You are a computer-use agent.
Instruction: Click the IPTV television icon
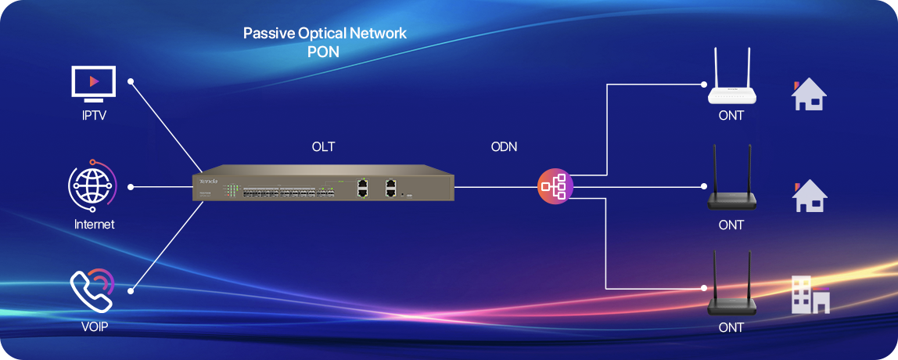coord(94,83)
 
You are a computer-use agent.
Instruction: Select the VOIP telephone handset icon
coord(92,291)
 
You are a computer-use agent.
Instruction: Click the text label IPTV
coord(94,116)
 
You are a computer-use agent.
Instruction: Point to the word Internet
coord(94,225)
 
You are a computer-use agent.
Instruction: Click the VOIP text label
coord(93,327)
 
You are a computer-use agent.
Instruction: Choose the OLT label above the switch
coord(323,146)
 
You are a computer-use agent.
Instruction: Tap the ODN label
coord(504,146)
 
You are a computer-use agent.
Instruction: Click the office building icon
coord(810,295)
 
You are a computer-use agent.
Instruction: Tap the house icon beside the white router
coord(809,94)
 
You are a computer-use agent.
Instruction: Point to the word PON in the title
coord(324,50)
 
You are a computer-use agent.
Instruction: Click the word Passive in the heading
coord(266,34)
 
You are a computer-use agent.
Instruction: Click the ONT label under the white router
coord(731,116)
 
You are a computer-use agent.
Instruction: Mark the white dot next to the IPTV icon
coord(131,81)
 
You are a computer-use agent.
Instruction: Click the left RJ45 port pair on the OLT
coord(362,187)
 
